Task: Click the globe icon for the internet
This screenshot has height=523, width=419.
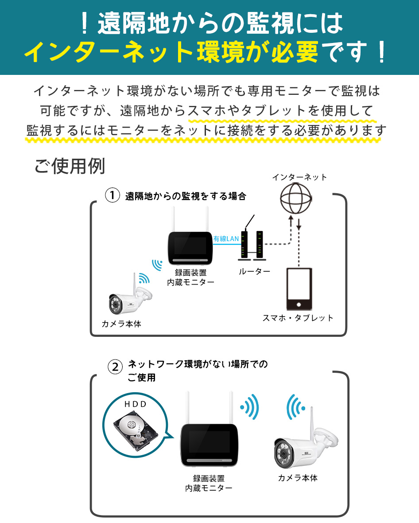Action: [x=296, y=199]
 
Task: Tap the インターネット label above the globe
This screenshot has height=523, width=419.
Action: [x=299, y=177]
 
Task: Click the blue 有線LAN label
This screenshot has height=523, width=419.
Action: [x=226, y=239]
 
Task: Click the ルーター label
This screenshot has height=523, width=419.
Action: [x=254, y=272]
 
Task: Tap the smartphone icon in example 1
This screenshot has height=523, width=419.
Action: [x=299, y=289]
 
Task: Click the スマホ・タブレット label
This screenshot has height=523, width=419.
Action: [x=298, y=318]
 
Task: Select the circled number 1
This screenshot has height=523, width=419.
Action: [x=113, y=195]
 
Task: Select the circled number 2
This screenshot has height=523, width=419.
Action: [x=115, y=367]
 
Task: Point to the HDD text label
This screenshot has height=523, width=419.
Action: [x=136, y=404]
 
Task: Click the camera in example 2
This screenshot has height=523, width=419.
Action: [x=305, y=440]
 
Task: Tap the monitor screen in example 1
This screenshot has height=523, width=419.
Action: [x=190, y=247]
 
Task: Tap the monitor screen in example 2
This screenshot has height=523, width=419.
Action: [x=209, y=444]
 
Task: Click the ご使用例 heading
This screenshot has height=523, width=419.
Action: [x=70, y=166]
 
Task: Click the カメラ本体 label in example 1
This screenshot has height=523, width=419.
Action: [x=121, y=324]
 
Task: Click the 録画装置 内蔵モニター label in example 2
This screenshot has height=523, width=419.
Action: [x=209, y=483]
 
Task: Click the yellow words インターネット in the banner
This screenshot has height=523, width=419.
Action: [x=109, y=52]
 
